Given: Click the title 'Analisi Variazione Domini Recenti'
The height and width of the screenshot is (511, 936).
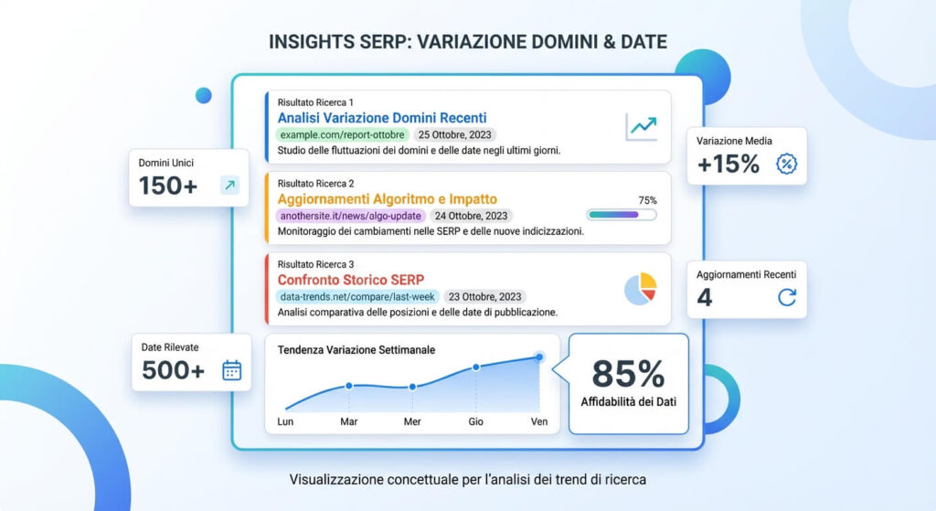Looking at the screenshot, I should click(x=382, y=118).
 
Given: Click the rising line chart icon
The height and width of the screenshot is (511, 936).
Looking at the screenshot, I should click(x=641, y=127).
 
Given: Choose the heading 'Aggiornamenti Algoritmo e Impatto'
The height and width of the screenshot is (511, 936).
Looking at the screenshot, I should click(x=388, y=199).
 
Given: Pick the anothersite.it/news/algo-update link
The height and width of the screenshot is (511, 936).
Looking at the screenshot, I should click(x=350, y=216).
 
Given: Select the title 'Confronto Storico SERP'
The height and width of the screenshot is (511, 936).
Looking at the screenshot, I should click(x=351, y=280).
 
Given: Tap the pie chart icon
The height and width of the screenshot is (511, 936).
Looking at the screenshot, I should click(x=641, y=288).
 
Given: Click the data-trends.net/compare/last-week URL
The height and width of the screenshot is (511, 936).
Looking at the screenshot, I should click(x=357, y=296).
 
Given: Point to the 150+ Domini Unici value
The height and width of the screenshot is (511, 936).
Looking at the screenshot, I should click(x=168, y=186).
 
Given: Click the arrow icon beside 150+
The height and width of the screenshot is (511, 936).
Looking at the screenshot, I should click(x=229, y=186).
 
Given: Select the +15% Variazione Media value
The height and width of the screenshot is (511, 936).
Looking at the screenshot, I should click(x=728, y=165).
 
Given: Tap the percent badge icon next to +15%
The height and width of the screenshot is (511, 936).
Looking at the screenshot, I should click(x=785, y=165).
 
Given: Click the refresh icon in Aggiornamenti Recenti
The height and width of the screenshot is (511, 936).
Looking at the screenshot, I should click(x=786, y=297).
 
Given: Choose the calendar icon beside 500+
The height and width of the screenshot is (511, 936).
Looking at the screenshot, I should click(x=232, y=370).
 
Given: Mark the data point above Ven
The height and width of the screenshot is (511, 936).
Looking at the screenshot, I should click(x=539, y=357).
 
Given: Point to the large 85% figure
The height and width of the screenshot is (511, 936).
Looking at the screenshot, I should click(x=628, y=374).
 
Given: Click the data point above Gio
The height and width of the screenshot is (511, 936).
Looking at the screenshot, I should click(x=476, y=367).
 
